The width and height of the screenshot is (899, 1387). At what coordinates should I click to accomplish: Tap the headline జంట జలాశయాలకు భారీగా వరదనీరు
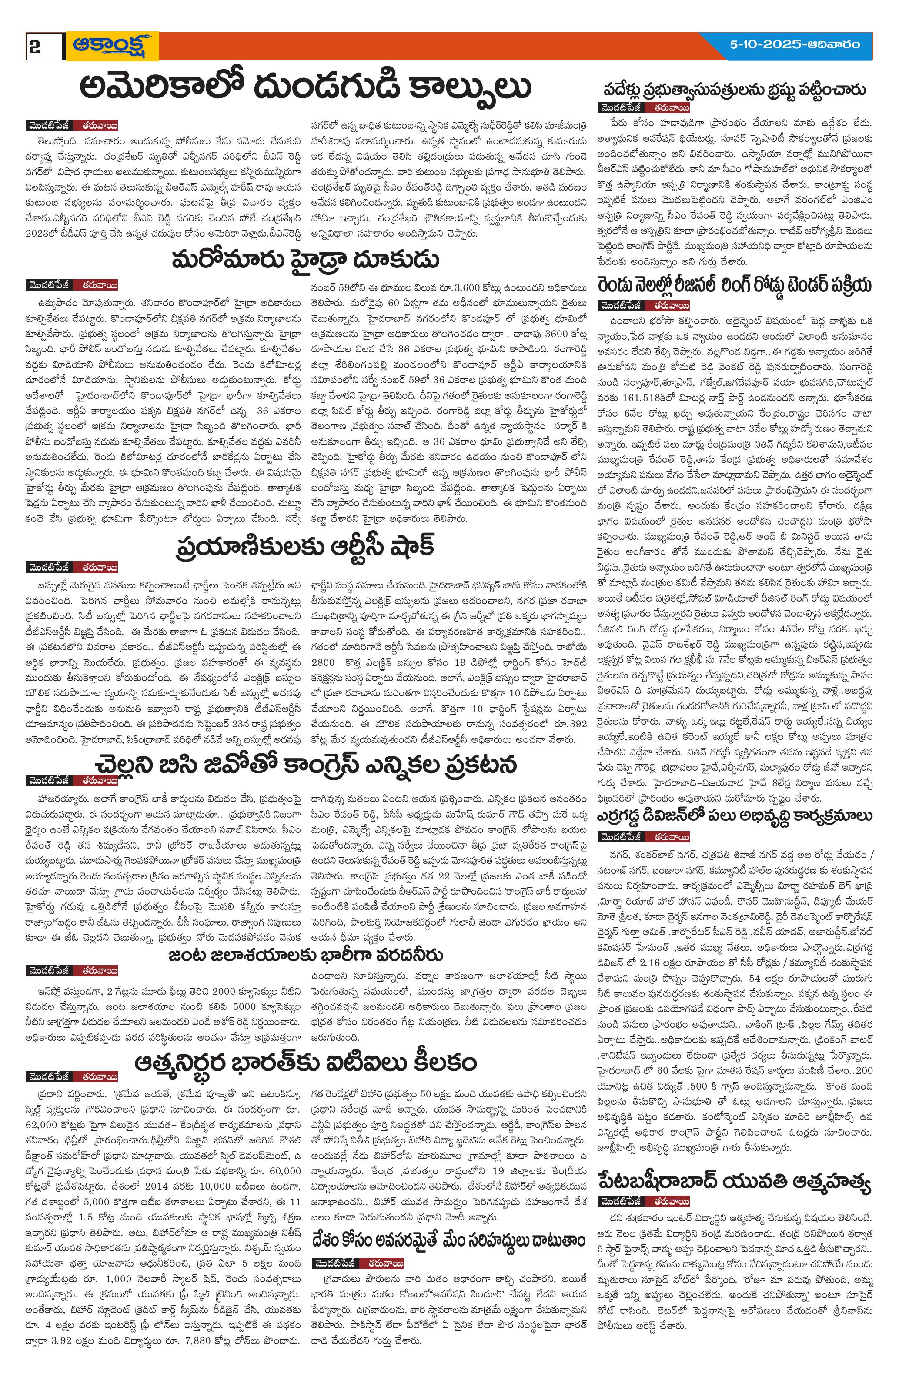pyautogui.click(x=305, y=955)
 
